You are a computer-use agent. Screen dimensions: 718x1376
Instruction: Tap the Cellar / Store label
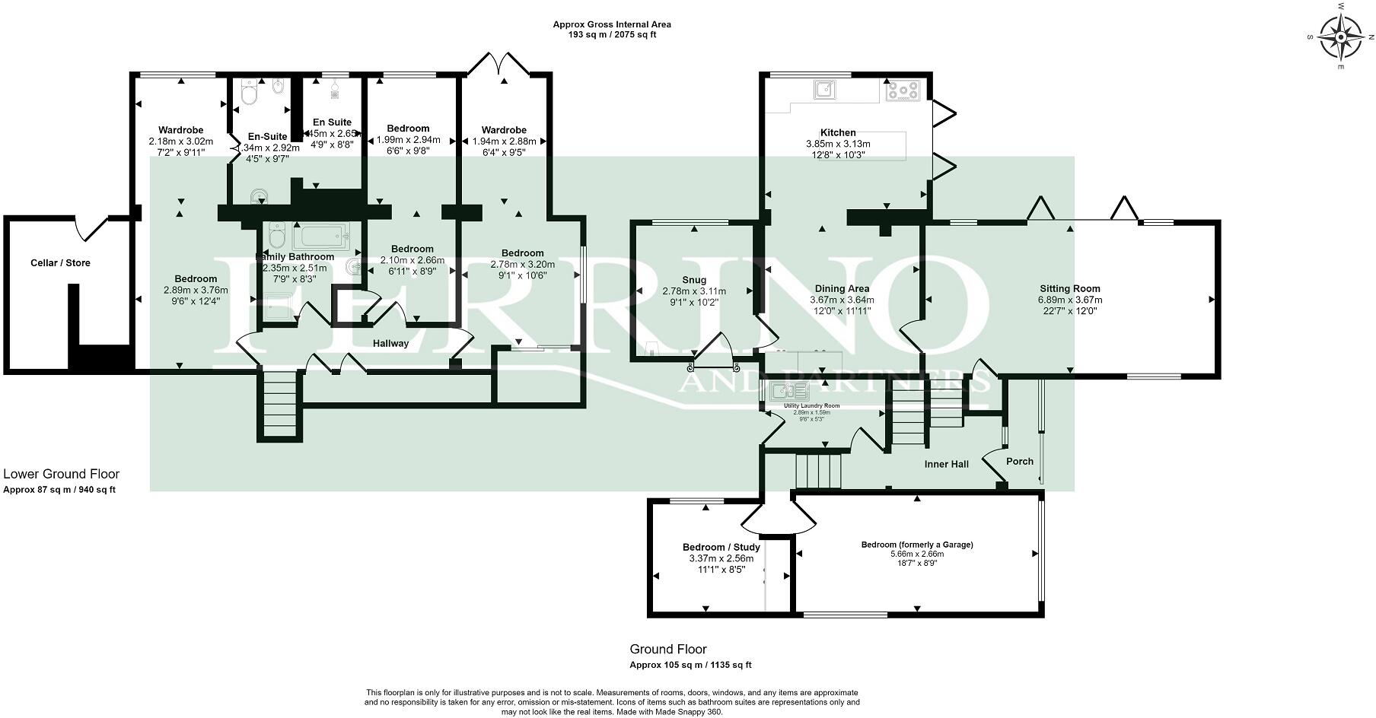pos(60,263)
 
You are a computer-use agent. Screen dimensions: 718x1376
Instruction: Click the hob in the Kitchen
pos(903,91)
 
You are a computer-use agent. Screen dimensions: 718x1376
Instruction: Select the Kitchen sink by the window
pos(823,91)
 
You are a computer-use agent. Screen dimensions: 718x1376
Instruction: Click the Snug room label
pos(694,280)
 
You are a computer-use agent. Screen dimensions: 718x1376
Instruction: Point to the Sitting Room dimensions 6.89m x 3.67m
pos(1070,300)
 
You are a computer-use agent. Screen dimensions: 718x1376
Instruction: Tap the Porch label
pos(1020,461)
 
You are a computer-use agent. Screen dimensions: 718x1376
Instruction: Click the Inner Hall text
pos(946,464)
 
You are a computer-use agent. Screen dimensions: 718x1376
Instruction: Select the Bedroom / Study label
pos(721,547)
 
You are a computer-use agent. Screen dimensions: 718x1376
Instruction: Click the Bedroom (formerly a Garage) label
pos(917,545)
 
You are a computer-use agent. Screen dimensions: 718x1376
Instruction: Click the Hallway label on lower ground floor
pos(390,344)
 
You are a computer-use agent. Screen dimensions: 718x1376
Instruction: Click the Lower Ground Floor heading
pos(62,474)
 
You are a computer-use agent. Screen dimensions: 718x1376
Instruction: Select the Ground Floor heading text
pos(667,649)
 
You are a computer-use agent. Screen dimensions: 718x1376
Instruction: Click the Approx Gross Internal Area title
pos(612,24)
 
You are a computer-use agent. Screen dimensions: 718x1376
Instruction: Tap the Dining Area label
pos(842,289)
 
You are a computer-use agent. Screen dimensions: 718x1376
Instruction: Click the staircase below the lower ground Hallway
pos(279,404)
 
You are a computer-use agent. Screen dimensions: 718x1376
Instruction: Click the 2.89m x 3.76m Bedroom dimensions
pos(196,290)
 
